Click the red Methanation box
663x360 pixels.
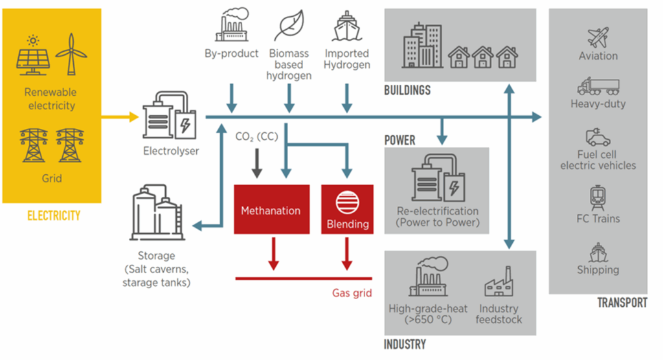tap(271, 209)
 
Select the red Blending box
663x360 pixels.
tap(347, 209)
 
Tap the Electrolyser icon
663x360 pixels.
tap(170, 115)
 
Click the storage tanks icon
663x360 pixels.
tap(157, 212)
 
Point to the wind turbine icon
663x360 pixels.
tap(71, 54)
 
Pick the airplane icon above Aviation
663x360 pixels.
tap(598, 37)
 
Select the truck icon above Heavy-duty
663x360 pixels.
tap(598, 86)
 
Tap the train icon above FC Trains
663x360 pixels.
tap(598, 198)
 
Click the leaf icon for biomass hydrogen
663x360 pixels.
tap(289, 25)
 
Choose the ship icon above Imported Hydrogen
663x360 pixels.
tap(347, 27)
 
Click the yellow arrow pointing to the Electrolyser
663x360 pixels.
tap(120, 117)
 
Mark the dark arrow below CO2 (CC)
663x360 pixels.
tap(256, 163)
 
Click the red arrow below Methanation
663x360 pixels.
tap(274, 254)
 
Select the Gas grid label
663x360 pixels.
tap(352, 293)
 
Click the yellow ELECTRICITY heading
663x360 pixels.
tap(54, 216)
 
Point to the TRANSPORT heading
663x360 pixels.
tap(622, 302)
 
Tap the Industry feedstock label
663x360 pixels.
tap(499, 314)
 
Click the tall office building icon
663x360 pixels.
tap(422, 46)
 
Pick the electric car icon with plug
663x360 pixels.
tap(598, 137)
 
